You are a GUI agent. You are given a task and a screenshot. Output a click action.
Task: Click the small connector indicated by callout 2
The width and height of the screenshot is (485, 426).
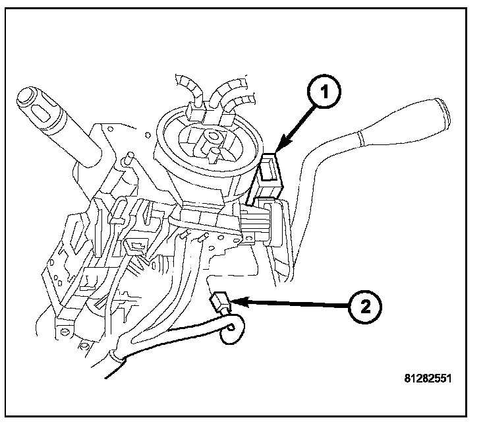point(219,305)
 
